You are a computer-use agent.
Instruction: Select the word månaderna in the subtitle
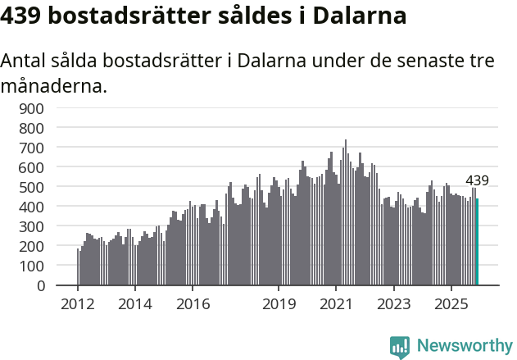click(54, 84)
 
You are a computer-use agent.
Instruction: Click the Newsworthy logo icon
click(400, 347)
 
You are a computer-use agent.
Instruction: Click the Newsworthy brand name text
click(465, 347)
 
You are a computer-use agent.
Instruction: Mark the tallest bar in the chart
click(346, 212)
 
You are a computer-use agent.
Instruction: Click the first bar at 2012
click(78, 267)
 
